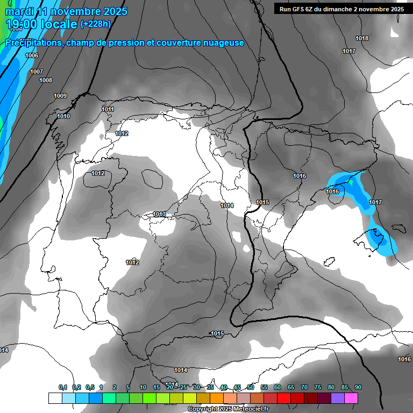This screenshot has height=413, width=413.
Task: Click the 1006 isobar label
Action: pos(32,56)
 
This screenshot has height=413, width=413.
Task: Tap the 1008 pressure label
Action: pos(46,80)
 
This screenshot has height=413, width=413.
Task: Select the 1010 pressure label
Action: pos(63,116)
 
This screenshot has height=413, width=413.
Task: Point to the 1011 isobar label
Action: pos(108,109)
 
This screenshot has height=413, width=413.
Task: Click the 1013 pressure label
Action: pos(159,214)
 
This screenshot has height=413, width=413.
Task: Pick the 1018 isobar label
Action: pos(362,38)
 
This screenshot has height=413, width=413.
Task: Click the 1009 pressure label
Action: pos(60,96)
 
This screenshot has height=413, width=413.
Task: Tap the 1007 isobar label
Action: pos(37,72)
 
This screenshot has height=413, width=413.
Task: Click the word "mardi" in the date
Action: pos(19,11)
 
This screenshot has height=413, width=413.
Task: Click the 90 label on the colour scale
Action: pos(358,387)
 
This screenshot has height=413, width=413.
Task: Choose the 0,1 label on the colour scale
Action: pos(63,387)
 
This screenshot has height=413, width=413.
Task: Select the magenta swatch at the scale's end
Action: pos(351,398)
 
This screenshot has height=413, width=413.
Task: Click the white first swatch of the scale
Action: pos(55,398)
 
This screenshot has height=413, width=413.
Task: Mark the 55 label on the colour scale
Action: pos(264,387)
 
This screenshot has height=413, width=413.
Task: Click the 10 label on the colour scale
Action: pos(143,387)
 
